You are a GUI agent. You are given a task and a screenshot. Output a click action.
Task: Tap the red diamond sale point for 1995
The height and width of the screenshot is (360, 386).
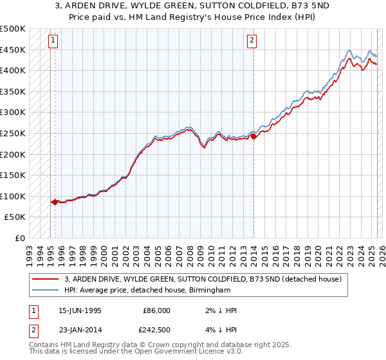pyautogui.click(x=55, y=202)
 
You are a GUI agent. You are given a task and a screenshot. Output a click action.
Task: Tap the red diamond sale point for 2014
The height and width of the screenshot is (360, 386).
pyautogui.click(x=253, y=136)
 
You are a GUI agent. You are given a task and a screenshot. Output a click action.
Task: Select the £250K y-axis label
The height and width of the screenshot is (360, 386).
pyautogui.click(x=13, y=133)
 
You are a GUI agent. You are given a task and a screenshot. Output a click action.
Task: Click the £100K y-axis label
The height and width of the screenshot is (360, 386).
pyautogui.click(x=13, y=196)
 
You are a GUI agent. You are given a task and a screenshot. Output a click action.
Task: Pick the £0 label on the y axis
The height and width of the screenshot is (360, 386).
pyautogui.click(x=20, y=238)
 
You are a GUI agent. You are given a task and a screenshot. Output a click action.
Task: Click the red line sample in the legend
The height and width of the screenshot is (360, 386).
pyautogui.click(x=45, y=279)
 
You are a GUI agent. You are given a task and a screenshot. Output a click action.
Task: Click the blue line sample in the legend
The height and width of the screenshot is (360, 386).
pyautogui.click(x=45, y=290)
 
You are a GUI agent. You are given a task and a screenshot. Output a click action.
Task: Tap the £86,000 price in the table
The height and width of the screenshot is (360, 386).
pyautogui.click(x=156, y=310)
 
